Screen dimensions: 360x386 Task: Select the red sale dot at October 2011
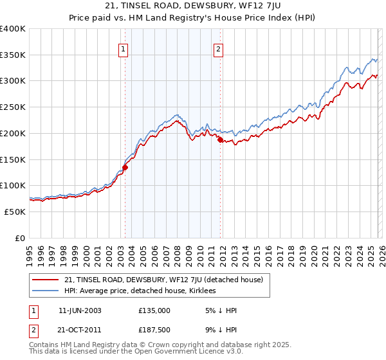click(x=220, y=139)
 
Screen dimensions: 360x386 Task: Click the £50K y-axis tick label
click(x=15, y=212)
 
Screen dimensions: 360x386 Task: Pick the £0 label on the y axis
click(x=21, y=238)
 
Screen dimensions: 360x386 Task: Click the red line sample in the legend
click(x=46, y=280)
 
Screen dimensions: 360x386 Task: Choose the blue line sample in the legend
click(x=46, y=291)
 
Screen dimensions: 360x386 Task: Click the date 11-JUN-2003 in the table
click(x=80, y=310)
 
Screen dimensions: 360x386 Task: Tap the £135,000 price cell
click(x=154, y=310)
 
